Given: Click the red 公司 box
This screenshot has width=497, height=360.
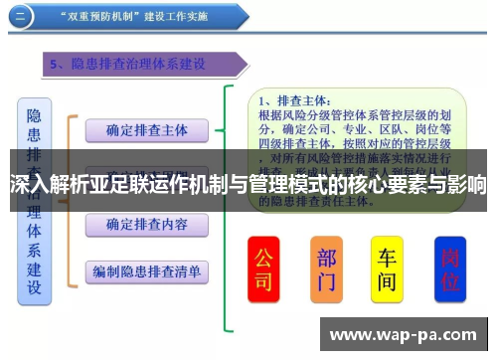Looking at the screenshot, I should tap(263, 269).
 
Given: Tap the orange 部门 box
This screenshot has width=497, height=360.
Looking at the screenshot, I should tap(326, 269).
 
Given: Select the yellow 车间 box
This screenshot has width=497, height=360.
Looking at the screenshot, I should tap(387, 269).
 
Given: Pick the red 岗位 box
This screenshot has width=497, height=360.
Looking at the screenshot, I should tap(450, 269).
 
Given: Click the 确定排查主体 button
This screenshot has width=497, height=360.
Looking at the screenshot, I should tap(146, 130).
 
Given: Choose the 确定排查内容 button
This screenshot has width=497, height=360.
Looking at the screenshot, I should tap(146, 224).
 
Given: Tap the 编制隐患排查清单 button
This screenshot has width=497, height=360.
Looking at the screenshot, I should tap(146, 270).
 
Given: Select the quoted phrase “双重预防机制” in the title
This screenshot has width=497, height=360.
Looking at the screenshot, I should tap(100, 17).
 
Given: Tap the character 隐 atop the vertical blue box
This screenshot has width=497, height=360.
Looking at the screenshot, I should tap(34, 115).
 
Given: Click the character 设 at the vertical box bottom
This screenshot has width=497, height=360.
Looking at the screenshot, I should tap(34, 288).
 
